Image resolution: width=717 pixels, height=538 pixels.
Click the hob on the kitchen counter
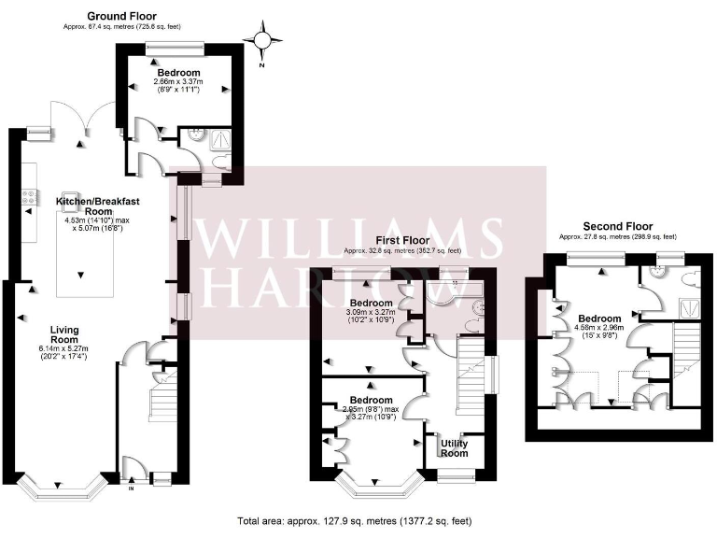(28, 198)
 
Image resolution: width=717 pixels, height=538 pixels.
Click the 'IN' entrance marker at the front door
(131, 488)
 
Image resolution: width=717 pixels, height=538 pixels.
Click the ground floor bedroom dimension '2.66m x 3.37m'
(177, 82)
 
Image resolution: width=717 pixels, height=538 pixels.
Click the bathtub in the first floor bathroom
(450, 294)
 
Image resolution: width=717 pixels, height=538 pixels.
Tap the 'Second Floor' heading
(617, 226)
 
